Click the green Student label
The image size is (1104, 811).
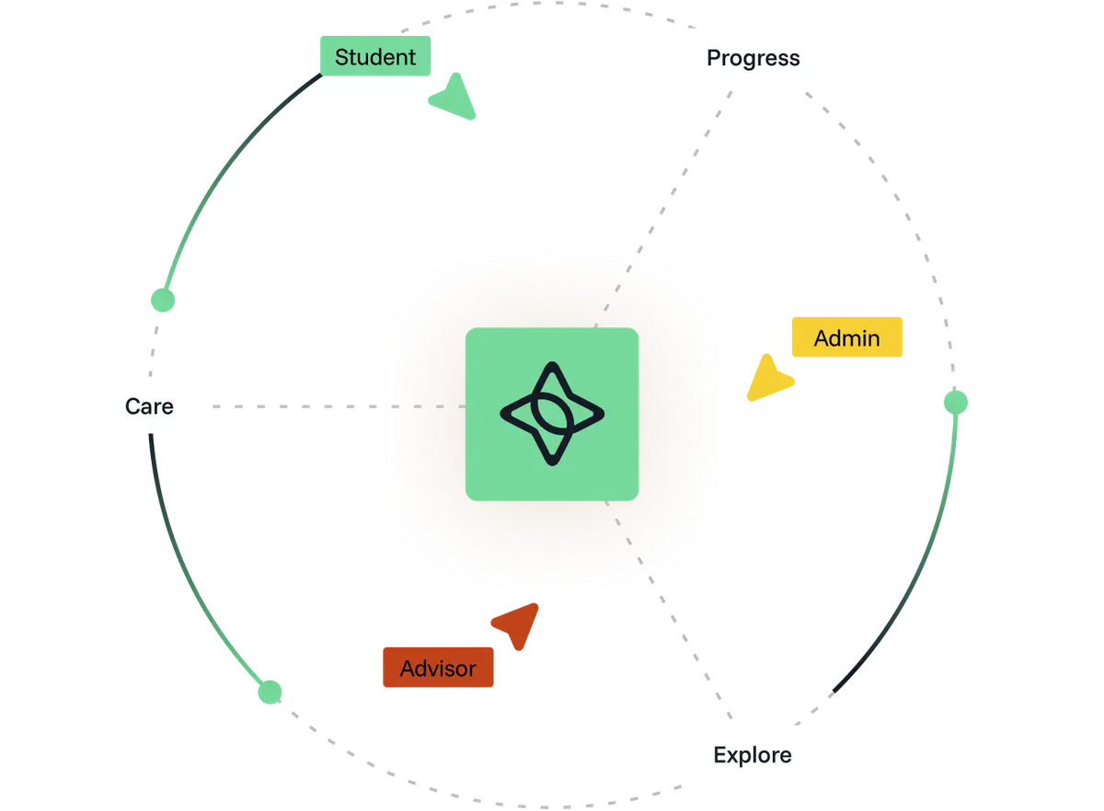(374, 57)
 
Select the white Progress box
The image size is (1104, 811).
(753, 58)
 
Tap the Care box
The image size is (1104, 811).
(150, 405)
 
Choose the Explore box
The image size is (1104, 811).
(753, 755)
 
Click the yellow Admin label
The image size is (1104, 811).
(846, 338)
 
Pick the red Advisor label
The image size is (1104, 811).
(438, 668)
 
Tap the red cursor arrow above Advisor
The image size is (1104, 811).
(517, 625)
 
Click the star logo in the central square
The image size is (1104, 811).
(551, 414)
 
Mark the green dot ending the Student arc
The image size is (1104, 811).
(162, 299)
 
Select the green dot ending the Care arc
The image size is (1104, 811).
(271, 691)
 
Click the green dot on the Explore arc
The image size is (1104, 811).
(956, 403)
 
